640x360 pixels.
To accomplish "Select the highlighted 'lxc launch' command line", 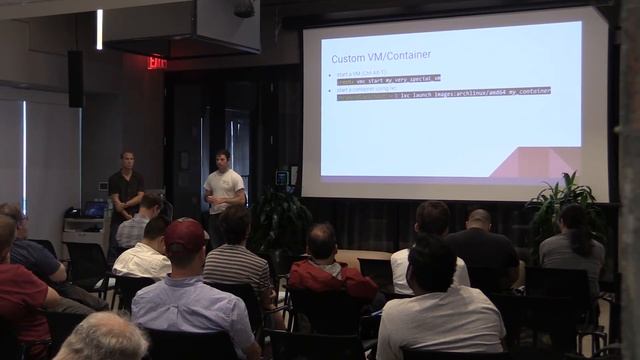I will point(444,91).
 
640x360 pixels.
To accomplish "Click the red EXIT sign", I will point(156,63).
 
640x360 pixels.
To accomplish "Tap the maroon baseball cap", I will point(185,234).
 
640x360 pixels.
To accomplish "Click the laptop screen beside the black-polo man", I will point(96,209).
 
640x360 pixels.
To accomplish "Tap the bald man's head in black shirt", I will point(480,219).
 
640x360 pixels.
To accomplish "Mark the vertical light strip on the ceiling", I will point(99,29).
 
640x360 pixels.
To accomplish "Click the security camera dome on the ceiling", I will point(244,9).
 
